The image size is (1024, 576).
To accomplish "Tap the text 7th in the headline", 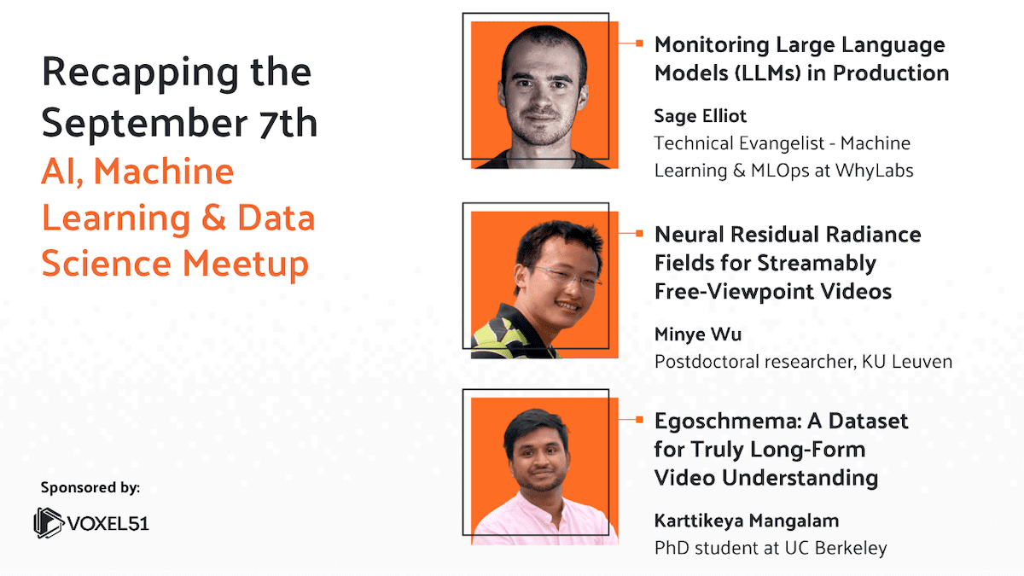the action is (288, 123).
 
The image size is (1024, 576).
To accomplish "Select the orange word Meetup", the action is (246, 265).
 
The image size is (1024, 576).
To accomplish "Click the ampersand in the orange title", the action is (213, 218).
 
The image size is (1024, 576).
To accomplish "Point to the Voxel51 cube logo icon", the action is (49, 522).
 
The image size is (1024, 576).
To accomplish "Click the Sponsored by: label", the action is (90, 488).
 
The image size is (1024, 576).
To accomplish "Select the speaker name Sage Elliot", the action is (701, 117).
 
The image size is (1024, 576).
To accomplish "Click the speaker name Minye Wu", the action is (698, 335).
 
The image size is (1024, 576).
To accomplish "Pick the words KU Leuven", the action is (907, 362).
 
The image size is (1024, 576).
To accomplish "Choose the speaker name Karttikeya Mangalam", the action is (747, 521).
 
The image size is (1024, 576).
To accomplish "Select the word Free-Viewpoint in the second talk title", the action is (723, 292).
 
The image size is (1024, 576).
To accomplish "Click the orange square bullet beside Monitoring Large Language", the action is (639, 44).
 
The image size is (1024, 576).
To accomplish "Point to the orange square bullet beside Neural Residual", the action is (639, 234).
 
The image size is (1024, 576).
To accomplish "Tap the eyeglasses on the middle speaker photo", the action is (567, 277).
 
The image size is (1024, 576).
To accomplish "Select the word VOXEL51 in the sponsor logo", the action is (108, 524).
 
